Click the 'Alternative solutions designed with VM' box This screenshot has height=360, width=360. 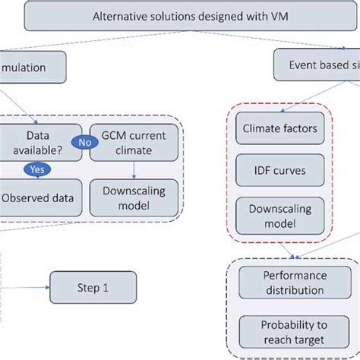tap(179, 15)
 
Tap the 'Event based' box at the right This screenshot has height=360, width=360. tap(315, 67)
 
